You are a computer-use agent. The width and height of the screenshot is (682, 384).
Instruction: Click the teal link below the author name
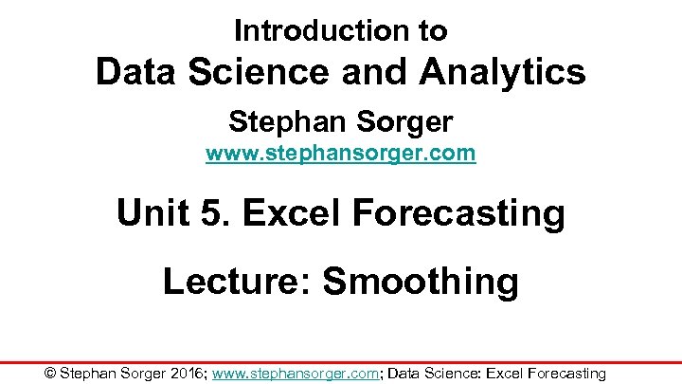(x=340, y=153)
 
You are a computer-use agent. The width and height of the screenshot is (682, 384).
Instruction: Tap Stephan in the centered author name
(x=287, y=121)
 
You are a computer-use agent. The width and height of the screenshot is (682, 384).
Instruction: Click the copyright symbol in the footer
(x=51, y=373)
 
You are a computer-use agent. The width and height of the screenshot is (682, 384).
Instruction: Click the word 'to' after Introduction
(x=432, y=30)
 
